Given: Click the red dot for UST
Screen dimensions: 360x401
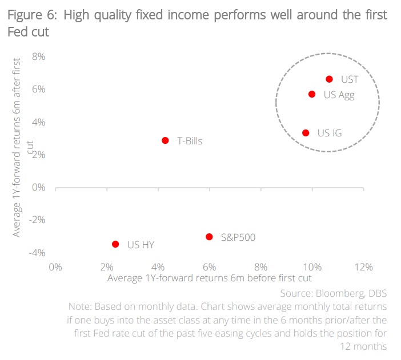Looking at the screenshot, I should pyautogui.click(x=329, y=79).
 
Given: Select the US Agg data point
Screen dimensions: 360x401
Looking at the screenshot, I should pyautogui.click(x=312, y=94).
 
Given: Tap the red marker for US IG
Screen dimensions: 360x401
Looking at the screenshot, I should pyautogui.click(x=306, y=133).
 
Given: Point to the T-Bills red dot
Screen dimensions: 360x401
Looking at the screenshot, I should pyautogui.click(x=165, y=140).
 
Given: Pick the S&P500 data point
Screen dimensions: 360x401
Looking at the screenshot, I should pyautogui.click(x=209, y=236).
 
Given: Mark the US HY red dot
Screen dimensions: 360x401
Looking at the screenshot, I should pyautogui.click(x=115, y=244).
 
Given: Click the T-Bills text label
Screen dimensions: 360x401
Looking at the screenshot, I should pyautogui.click(x=190, y=141).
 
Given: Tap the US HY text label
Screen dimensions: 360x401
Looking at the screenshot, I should pyautogui.click(x=141, y=245).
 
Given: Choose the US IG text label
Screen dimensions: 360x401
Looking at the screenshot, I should pyautogui.click(x=330, y=134).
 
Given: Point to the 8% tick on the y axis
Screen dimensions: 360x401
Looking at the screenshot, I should pyautogui.click(x=38, y=56).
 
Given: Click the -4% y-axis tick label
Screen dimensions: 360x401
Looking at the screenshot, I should pyautogui.click(x=37, y=253).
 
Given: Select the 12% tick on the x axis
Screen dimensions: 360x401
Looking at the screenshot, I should pyautogui.click(x=363, y=267).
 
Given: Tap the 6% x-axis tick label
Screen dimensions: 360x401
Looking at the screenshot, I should pyautogui.click(x=210, y=267).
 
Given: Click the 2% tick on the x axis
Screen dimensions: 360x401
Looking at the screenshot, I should pyautogui.click(x=107, y=267).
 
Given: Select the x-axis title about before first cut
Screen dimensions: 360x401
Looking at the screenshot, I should pyautogui.click(x=209, y=278).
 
